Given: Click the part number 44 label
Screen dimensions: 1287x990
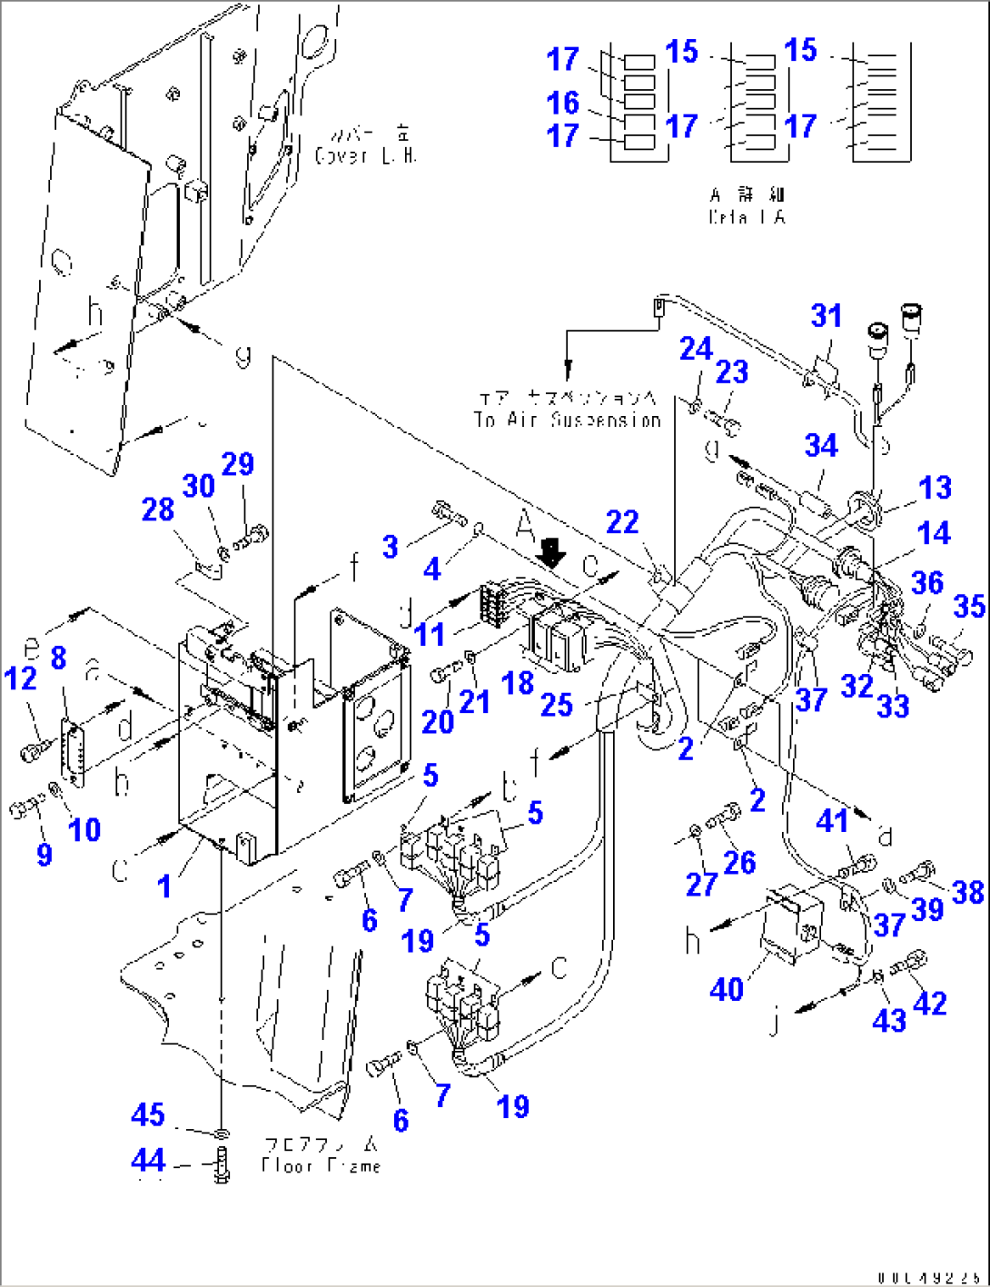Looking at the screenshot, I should point(148,1160).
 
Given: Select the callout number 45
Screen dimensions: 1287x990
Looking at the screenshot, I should point(148,1115).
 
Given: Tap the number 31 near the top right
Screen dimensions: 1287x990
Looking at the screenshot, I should point(827,316).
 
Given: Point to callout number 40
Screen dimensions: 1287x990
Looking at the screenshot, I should point(727,989).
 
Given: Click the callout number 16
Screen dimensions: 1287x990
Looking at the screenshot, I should point(563,103).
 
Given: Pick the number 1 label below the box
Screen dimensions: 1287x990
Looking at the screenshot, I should point(164,886).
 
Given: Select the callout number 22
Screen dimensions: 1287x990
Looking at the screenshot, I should point(622,522).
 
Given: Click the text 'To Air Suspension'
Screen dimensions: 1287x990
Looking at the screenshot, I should point(567,420).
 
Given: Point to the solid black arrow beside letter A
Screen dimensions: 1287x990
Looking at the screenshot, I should point(549,550).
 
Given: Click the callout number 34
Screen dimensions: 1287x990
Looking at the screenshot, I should point(821,446).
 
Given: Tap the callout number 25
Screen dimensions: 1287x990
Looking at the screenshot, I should point(556,704).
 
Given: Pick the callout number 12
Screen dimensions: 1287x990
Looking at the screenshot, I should point(21,678).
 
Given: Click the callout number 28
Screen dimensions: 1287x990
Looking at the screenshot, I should point(157,510).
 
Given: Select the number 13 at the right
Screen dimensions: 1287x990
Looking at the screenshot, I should point(935,488).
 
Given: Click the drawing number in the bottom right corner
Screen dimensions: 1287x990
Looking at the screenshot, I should point(927,1278).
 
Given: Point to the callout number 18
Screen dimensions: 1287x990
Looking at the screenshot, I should point(518,683).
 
